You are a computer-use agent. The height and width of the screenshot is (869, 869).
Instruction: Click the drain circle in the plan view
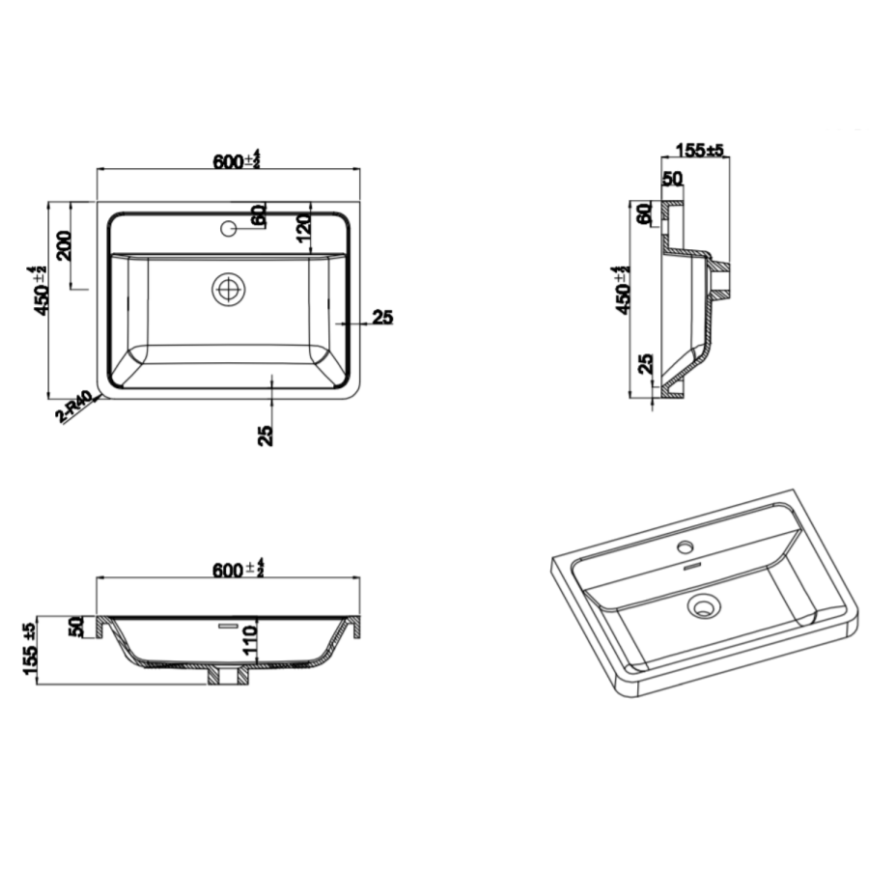click(230, 289)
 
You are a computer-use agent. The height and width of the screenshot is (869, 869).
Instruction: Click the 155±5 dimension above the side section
click(699, 150)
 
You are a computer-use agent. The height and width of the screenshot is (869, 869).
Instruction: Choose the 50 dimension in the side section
click(672, 179)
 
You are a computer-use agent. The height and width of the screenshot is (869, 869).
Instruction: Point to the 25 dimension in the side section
click(646, 364)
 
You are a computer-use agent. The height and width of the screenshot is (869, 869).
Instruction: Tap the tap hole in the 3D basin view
click(686, 549)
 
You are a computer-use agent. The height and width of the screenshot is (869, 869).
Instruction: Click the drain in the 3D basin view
click(703, 607)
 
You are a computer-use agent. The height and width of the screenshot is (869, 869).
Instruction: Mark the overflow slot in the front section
click(228, 626)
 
